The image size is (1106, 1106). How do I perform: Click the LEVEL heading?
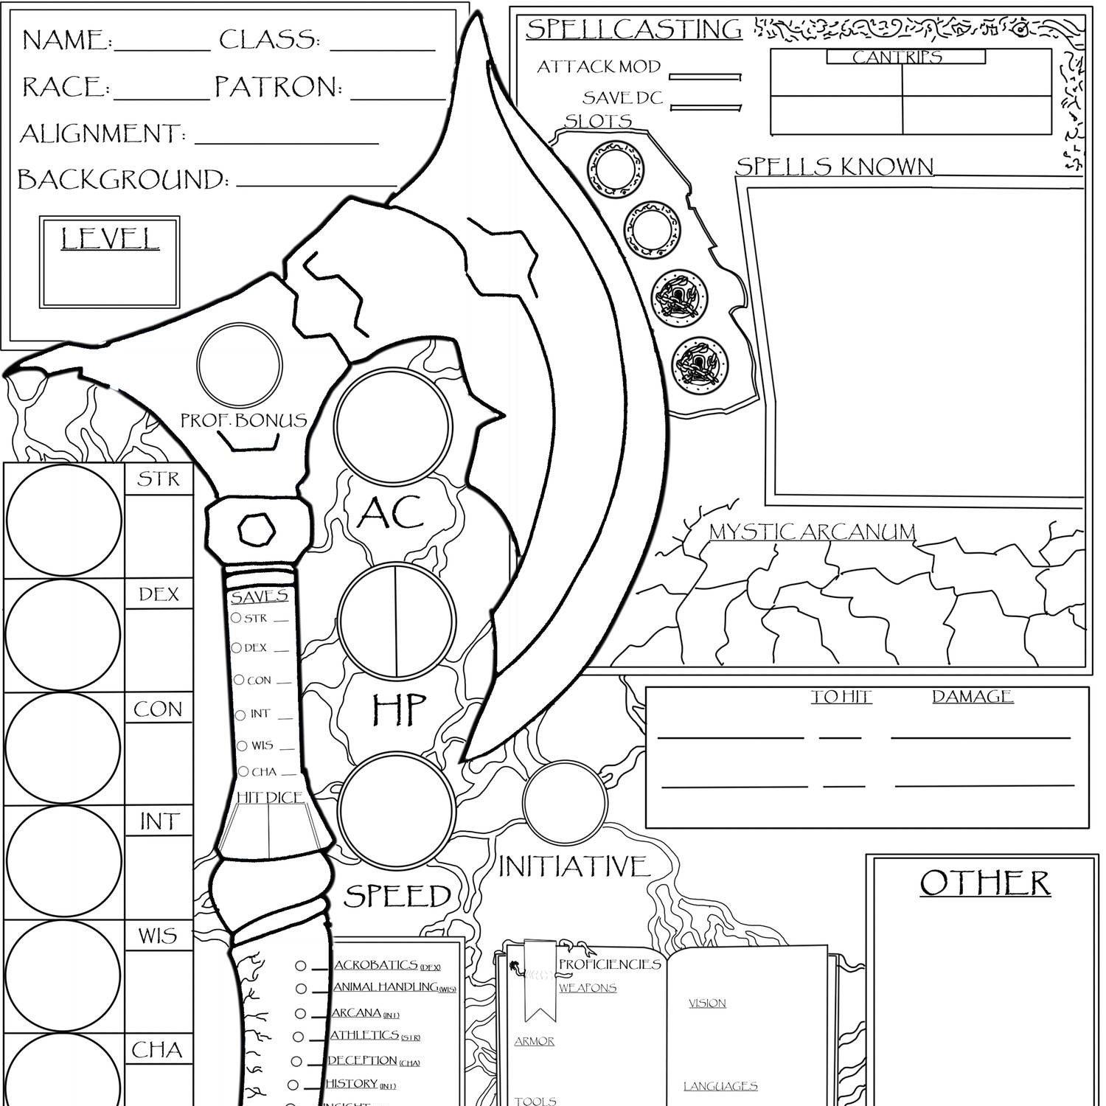(x=110, y=239)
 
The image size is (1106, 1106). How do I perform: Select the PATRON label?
(x=278, y=87)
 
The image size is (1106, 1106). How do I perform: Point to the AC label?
(x=390, y=513)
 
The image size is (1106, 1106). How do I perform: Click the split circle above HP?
(x=396, y=621)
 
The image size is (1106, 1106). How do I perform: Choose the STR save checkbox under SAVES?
(x=236, y=618)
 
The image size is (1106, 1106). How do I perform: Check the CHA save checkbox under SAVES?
(x=243, y=772)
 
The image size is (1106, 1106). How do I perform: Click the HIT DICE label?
(x=270, y=797)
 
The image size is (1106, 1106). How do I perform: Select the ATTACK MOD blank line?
(x=704, y=77)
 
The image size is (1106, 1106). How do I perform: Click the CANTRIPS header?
(x=897, y=57)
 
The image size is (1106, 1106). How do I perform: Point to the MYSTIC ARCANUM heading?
(x=812, y=532)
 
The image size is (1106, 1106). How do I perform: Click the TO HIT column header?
(x=841, y=697)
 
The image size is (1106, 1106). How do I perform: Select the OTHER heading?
(x=985, y=883)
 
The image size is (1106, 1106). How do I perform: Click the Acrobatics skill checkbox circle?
(x=301, y=966)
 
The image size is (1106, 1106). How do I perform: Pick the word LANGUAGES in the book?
(x=720, y=1086)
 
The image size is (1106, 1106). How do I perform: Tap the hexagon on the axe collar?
(x=257, y=529)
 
